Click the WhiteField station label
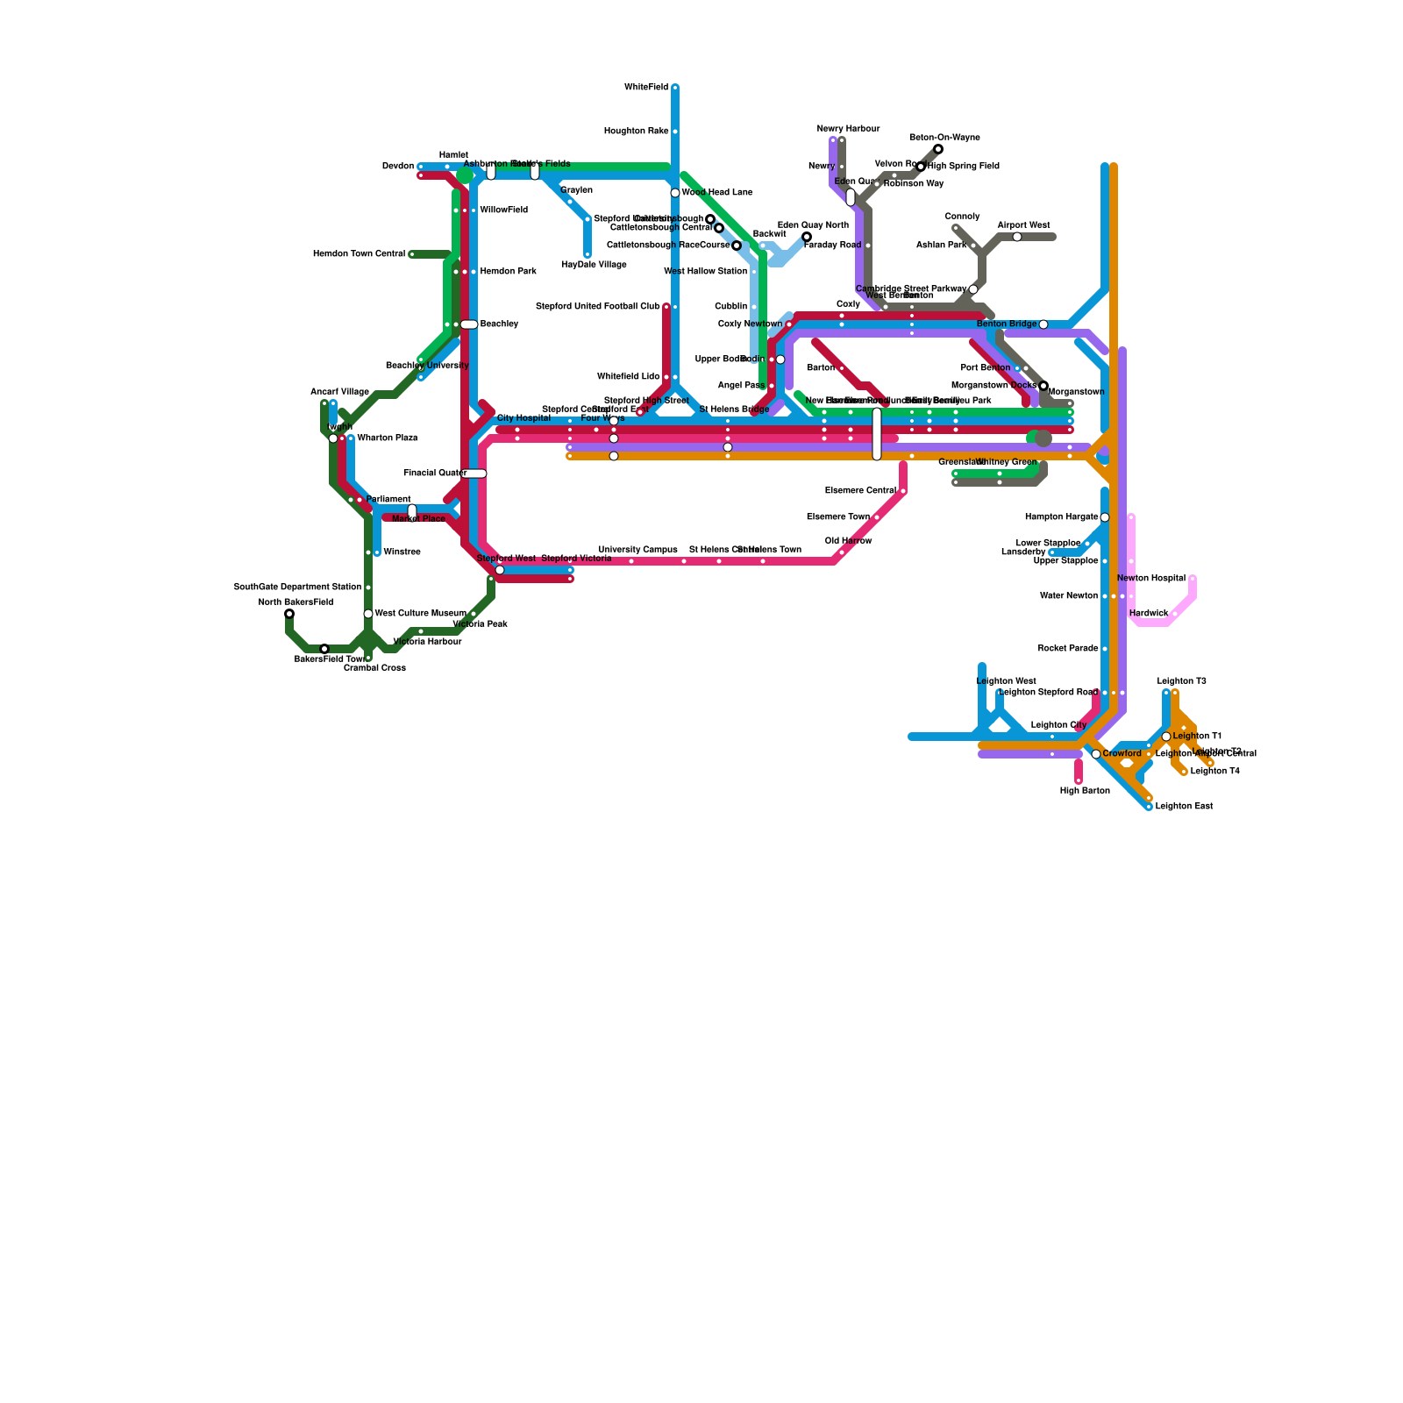tap(645, 88)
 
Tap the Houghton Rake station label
tap(636, 132)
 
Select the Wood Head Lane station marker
tap(675, 193)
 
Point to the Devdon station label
tap(398, 167)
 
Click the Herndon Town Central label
tap(359, 254)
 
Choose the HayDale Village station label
tap(594, 265)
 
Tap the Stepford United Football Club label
tap(597, 307)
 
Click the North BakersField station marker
tap(289, 614)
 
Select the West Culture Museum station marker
tap(368, 614)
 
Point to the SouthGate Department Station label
tap(297, 588)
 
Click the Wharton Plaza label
tap(387, 438)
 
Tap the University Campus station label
tap(637, 550)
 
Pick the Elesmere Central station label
tap(860, 491)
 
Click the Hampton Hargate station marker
tap(1105, 517)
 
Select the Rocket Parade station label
tap(1067, 649)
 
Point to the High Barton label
tap(1085, 791)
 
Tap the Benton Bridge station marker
tap(1043, 324)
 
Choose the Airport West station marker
tap(1017, 237)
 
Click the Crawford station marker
tap(1096, 754)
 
